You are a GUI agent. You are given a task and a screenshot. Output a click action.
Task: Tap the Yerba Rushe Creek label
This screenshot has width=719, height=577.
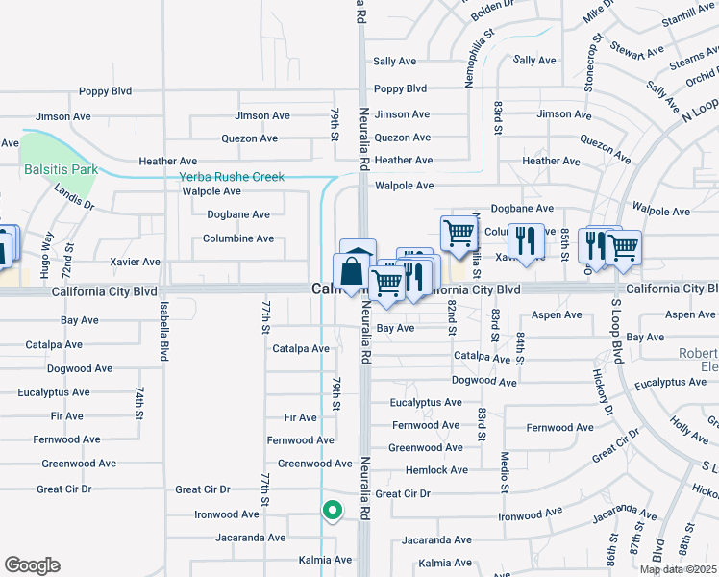tap(232, 177)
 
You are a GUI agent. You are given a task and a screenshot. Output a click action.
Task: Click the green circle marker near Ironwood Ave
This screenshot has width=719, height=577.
tap(332, 511)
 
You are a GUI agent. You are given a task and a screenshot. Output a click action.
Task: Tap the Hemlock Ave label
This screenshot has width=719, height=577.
tap(436, 470)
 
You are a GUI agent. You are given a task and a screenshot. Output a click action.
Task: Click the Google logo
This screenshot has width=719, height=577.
tap(32, 565)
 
